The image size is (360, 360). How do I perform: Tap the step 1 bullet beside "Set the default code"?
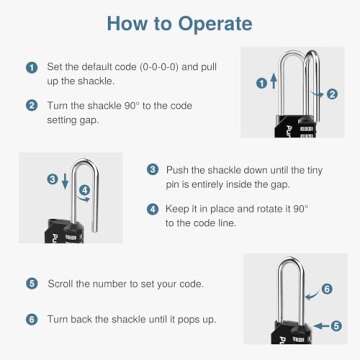tap(32, 66)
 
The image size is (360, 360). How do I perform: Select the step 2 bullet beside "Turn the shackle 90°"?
tap(32, 104)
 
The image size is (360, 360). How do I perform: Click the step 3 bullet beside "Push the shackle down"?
tap(152, 171)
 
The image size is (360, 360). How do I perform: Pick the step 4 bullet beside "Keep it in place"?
tap(152, 209)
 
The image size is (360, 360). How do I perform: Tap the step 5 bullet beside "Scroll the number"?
tap(32, 283)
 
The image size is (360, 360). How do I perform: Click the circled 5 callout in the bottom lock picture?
tap(334, 325)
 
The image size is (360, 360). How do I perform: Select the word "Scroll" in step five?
tap(63, 283)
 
